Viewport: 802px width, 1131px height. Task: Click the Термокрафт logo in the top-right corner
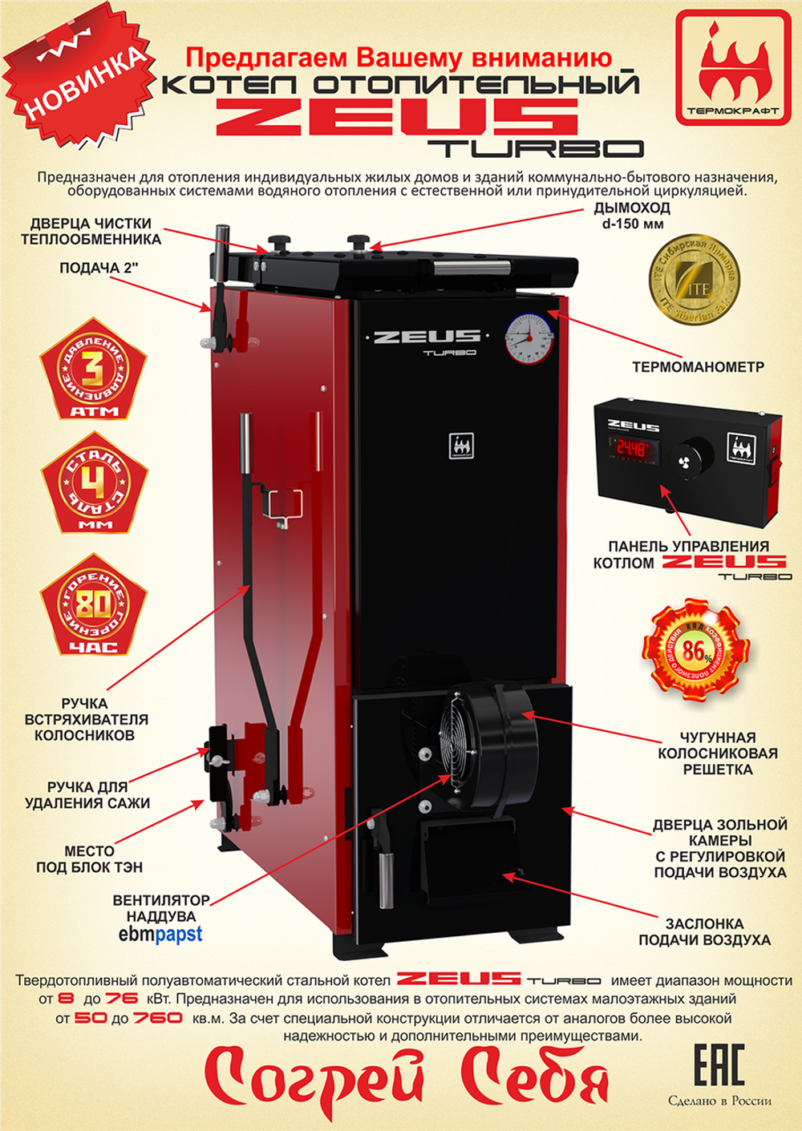pos(732,67)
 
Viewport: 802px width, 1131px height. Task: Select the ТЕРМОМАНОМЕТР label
pos(698,367)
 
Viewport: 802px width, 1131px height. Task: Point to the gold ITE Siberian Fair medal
pos(694,281)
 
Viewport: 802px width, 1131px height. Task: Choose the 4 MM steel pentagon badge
pos(94,491)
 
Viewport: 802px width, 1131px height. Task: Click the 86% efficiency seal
pos(696,652)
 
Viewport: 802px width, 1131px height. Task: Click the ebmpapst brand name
pos(160,934)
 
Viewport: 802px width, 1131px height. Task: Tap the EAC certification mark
pos(719,1063)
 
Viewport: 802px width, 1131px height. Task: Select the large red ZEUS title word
pos(397,117)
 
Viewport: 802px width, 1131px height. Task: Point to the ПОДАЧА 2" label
pos(99,269)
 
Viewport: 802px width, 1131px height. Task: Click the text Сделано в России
pos(719,1101)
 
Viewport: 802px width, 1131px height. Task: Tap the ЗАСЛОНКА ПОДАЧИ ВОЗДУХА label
pos(704,932)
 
